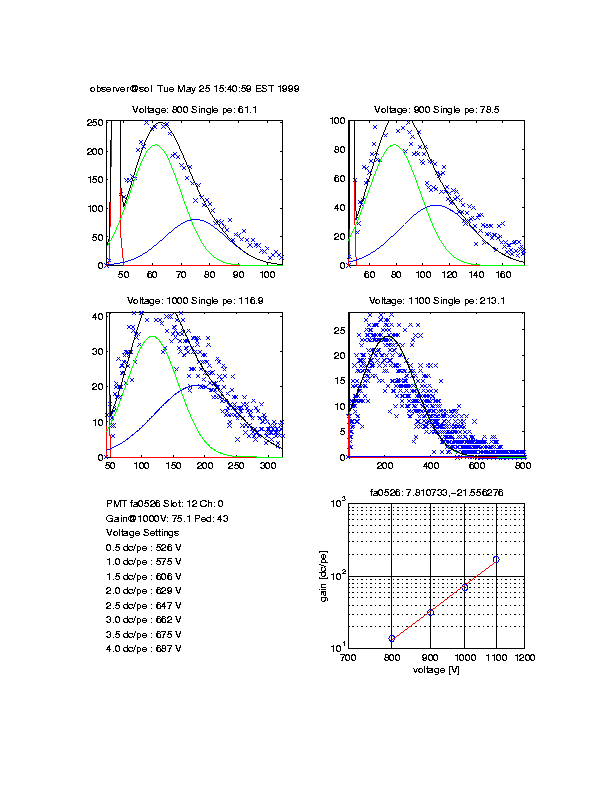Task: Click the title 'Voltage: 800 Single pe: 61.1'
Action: [194, 110]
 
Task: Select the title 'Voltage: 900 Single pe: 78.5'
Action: [435, 110]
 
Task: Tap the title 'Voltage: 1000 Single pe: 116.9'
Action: [194, 301]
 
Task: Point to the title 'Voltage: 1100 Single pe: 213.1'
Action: [435, 301]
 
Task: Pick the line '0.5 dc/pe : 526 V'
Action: [143, 548]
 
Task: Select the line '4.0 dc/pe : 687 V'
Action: [143, 649]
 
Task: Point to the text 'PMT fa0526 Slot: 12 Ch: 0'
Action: [165, 504]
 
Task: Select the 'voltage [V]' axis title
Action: [435, 670]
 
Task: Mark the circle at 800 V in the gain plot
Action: [392, 638]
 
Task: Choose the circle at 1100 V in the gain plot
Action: [496, 559]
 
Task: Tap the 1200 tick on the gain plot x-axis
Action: [523, 659]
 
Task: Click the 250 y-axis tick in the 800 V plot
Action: [95, 122]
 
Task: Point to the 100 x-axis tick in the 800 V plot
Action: [268, 273]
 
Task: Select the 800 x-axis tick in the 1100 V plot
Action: [521, 465]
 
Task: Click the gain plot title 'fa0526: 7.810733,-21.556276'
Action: [435, 492]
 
